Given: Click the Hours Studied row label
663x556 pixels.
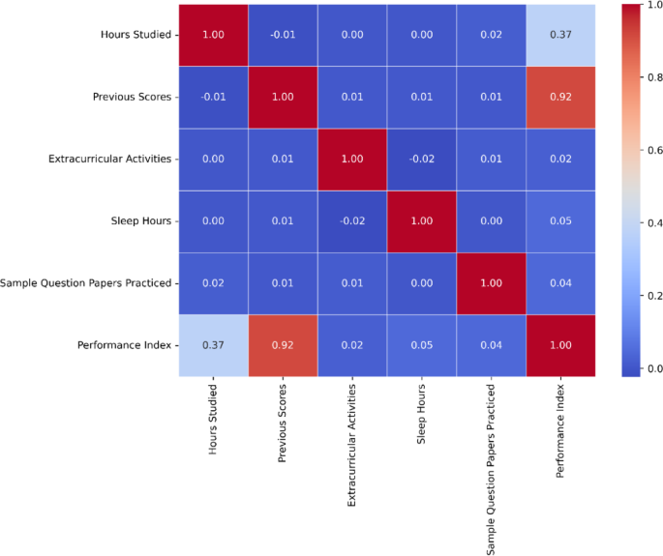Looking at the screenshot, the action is click(x=136, y=35).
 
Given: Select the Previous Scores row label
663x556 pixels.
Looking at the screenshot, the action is click(x=132, y=97).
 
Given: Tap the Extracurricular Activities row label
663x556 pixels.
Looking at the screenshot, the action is click(x=110, y=159).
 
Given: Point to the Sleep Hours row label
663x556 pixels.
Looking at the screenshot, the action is click(x=140, y=221).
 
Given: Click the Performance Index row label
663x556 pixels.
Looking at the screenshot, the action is click(x=124, y=345).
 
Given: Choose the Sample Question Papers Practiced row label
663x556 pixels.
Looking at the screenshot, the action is click(x=85, y=283).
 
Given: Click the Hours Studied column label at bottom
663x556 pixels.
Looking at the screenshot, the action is click(x=213, y=419).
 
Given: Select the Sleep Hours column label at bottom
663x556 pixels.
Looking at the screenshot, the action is click(x=421, y=414).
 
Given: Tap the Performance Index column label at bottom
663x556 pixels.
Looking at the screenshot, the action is click(x=560, y=431).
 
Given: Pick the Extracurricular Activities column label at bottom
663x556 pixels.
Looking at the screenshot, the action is click(x=351, y=446).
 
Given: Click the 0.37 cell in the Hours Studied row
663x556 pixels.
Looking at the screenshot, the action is click(x=560, y=35).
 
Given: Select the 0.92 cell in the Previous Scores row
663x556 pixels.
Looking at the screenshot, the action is click(x=560, y=97).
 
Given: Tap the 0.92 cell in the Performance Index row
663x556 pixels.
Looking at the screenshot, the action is click(x=283, y=345).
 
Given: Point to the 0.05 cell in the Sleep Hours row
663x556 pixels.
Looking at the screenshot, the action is click(x=560, y=221).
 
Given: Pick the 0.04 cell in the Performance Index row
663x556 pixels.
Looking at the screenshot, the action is click(x=492, y=345).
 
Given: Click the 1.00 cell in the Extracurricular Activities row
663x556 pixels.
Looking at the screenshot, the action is click(x=352, y=160).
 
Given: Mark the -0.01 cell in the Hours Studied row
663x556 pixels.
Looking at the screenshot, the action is click(x=283, y=35).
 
